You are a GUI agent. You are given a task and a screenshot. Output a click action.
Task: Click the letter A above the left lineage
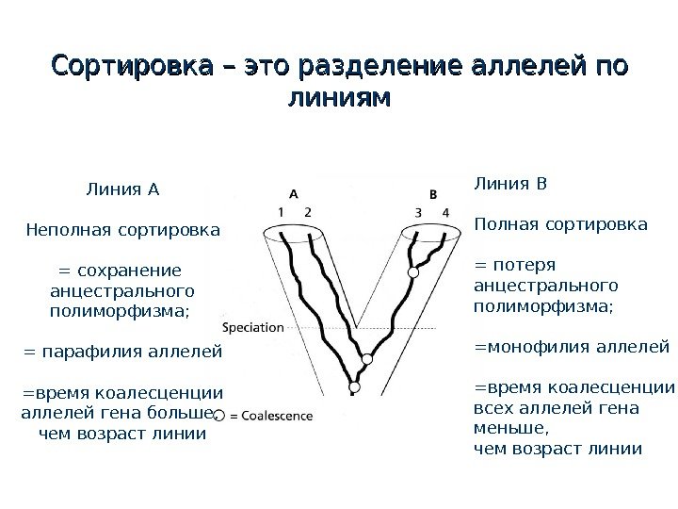point(293,192)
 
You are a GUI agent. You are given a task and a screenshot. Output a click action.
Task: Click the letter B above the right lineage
point(432,193)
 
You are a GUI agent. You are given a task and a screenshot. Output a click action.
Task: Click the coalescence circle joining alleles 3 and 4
point(412,272)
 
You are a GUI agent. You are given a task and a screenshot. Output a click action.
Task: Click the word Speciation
point(252,327)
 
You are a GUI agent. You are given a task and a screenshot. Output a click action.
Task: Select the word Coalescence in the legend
point(274,414)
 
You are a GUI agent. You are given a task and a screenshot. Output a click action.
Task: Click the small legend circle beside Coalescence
point(218,415)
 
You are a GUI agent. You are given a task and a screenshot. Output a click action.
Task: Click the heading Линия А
point(123,188)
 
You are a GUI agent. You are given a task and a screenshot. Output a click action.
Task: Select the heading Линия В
point(509,183)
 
